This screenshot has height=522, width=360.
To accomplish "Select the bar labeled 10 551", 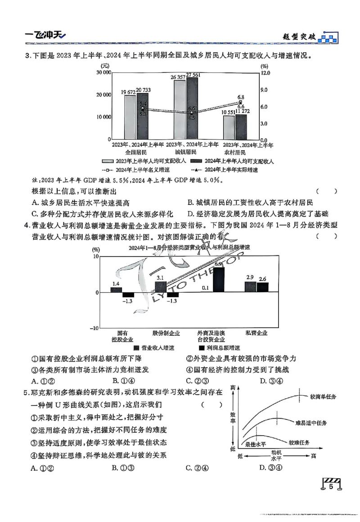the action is click(x=229, y=128).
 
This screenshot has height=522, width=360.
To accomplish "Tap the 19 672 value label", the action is click(x=129, y=92).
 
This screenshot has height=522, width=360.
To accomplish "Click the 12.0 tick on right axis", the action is click(x=265, y=72).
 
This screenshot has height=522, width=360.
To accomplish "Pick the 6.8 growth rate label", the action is click(x=241, y=97).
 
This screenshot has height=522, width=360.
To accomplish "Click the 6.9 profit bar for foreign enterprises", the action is click(x=219, y=280).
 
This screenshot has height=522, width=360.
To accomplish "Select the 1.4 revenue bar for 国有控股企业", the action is click(x=116, y=290).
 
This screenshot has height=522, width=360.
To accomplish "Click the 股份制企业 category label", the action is click(x=166, y=333).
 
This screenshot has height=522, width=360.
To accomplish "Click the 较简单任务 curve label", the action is click(x=323, y=397).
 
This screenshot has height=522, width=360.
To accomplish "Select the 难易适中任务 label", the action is click(x=311, y=423).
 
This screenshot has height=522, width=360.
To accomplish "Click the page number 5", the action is click(x=331, y=486).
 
